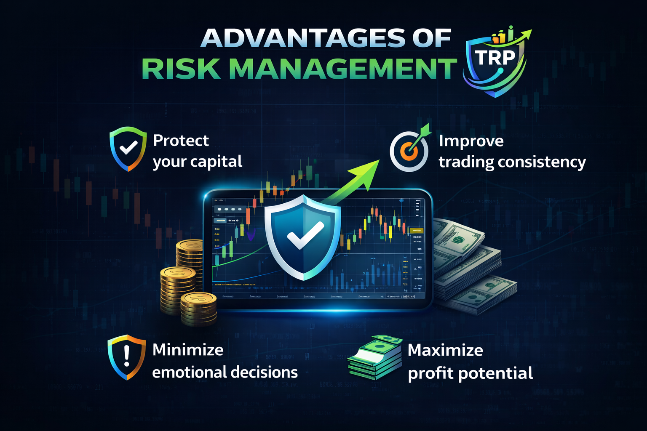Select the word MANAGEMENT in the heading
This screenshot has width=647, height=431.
coord(343,69)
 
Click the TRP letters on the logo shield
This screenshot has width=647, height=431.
coord(495,58)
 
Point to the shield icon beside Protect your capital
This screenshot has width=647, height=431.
coord(128,149)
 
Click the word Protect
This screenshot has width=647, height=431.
coord(181,141)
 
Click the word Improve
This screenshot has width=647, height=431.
coord(471,141)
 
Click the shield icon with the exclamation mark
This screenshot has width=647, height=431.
coord(126,357)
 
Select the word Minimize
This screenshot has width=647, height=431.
coord(188,350)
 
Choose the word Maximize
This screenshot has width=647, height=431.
coord(445,350)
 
